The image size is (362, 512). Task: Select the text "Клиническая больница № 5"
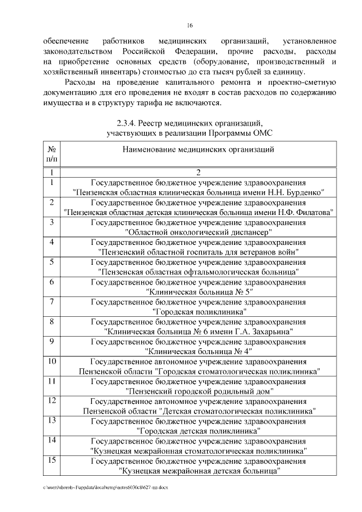pos(198,291)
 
